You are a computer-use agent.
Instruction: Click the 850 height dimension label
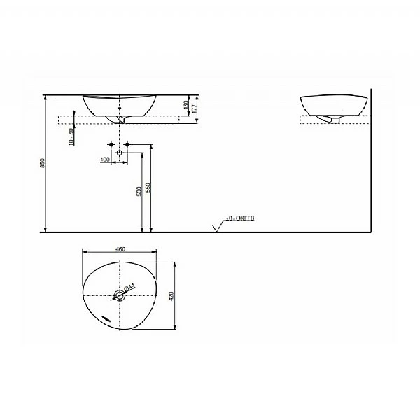point(43,163)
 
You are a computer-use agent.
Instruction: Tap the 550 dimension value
point(148,188)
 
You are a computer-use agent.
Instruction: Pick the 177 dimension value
point(195,106)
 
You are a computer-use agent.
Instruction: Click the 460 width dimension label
point(120,248)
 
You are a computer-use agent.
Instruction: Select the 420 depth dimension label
point(171,295)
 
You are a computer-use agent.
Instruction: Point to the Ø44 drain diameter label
point(129,288)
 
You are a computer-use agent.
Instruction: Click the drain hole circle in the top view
point(120,296)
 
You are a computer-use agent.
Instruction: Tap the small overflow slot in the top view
point(106,316)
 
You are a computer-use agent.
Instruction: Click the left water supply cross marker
point(111,145)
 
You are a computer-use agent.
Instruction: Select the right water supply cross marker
point(129,145)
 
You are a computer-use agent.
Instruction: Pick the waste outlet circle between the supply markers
point(120,152)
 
